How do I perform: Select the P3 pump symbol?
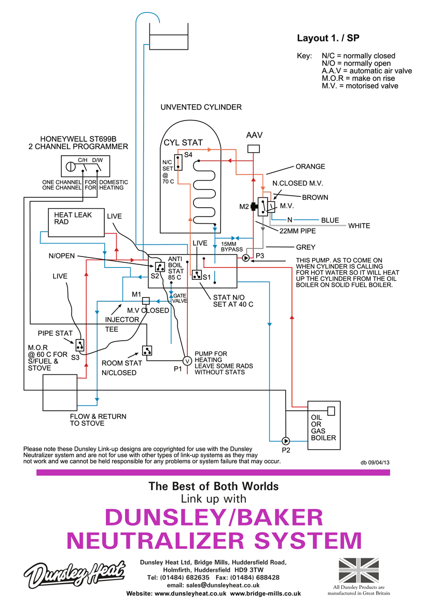tap(246, 257)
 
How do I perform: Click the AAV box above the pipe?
tap(253, 149)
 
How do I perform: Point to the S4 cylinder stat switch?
tap(178, 163)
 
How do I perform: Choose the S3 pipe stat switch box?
tap(80, 344)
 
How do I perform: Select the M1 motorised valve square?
tap(146, 301)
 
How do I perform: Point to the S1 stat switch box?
tap(197, 275)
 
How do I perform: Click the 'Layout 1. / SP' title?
tap(328, 38)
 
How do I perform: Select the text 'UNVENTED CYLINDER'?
tap(201, 107)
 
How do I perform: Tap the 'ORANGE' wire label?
tap(310, 167)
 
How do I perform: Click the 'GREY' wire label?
tap(306, 248)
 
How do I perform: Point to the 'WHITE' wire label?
tap(359, 226)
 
